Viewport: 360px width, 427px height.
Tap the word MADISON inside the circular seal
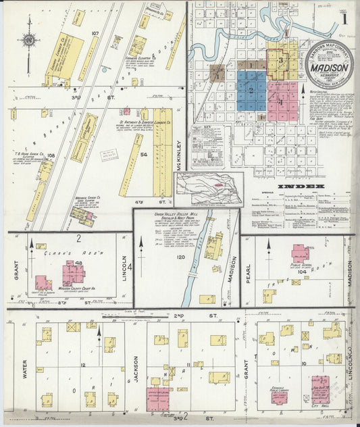click(329, 68)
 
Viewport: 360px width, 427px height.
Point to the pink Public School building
click(300, 253)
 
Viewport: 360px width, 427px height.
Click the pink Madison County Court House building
click(73, 274)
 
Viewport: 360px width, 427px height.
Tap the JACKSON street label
click(136, 370)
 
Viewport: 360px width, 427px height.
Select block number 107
click(95, 33)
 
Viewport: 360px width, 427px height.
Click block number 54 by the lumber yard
click(144, 155)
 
